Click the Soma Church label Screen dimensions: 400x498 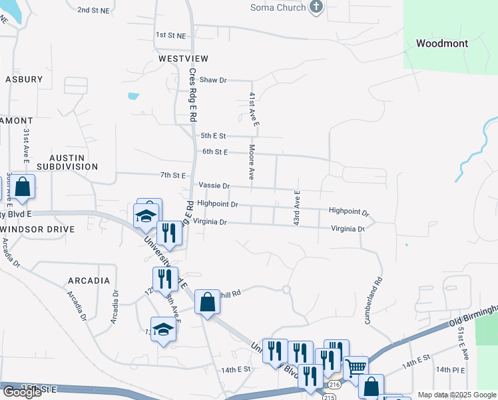pos(278,7)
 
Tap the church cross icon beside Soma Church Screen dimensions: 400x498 pos(316,7)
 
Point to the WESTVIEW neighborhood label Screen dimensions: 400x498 pos(180,59)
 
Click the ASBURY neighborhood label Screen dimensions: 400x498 pos(24,79)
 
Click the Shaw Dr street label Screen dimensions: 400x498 pos(214,80)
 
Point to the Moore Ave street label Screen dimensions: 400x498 pos(252,162)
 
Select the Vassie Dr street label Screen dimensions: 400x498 pos(214,186)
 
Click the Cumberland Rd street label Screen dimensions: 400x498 pos(373,301)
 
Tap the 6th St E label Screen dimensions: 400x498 pos(215,152)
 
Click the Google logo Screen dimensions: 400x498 pos(22,392)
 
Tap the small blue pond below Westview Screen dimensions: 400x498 pos(133,96)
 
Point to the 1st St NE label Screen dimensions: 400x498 pos(171,35)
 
